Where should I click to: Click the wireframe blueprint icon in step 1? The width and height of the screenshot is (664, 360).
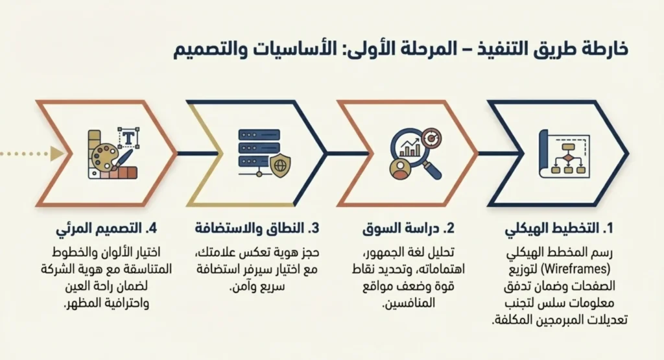click(565, 154)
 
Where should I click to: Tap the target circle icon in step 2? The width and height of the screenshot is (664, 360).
click(431, 137)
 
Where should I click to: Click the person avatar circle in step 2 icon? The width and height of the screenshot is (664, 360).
click(400, 169)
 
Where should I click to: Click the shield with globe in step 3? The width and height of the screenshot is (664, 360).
click(280, 166)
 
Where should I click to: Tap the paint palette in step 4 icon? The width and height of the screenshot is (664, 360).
click(104, 158)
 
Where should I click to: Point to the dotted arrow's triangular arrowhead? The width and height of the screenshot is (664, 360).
click(58, 154)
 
